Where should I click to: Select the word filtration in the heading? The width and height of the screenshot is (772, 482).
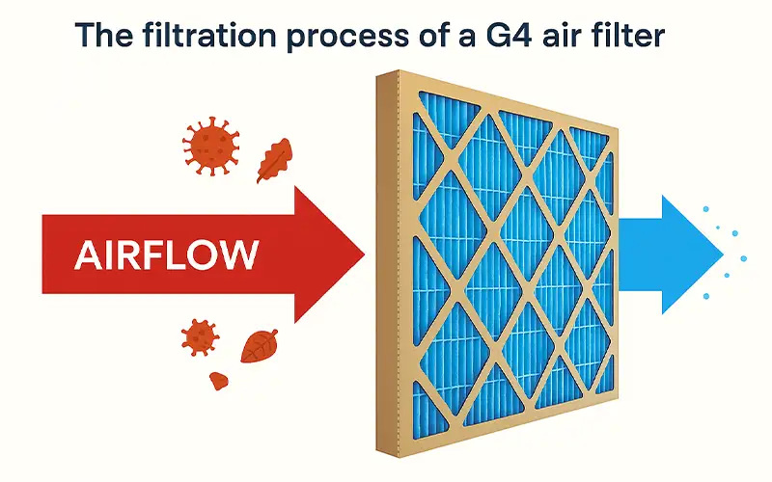190,37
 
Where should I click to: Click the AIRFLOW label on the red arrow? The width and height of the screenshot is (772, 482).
166,254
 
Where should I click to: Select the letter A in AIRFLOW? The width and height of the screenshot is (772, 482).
86,254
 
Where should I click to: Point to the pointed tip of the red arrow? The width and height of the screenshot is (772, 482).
364,254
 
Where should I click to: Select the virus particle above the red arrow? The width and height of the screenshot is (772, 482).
211,147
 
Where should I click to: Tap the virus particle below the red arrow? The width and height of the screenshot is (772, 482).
200,336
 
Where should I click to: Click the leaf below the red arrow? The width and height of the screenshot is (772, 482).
260,344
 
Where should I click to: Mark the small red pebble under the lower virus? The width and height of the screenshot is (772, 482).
220,379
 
